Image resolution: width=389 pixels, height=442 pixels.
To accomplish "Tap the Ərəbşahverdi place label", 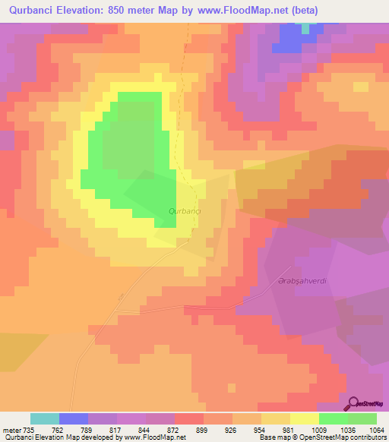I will point(302,281).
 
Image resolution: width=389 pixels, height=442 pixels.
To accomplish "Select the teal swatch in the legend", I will point(45,418).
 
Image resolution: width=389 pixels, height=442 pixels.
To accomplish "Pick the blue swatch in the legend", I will point(74,418).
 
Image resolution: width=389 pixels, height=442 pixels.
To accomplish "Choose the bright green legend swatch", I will point(334,418).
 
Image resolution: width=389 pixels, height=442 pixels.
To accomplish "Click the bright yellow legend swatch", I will point(305,418).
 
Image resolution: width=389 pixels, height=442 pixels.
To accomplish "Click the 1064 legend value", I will point(375,429).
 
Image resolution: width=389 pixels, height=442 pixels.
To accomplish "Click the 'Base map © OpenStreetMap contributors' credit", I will point(321,437).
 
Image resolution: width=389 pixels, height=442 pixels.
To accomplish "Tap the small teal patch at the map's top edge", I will point(305,28).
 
